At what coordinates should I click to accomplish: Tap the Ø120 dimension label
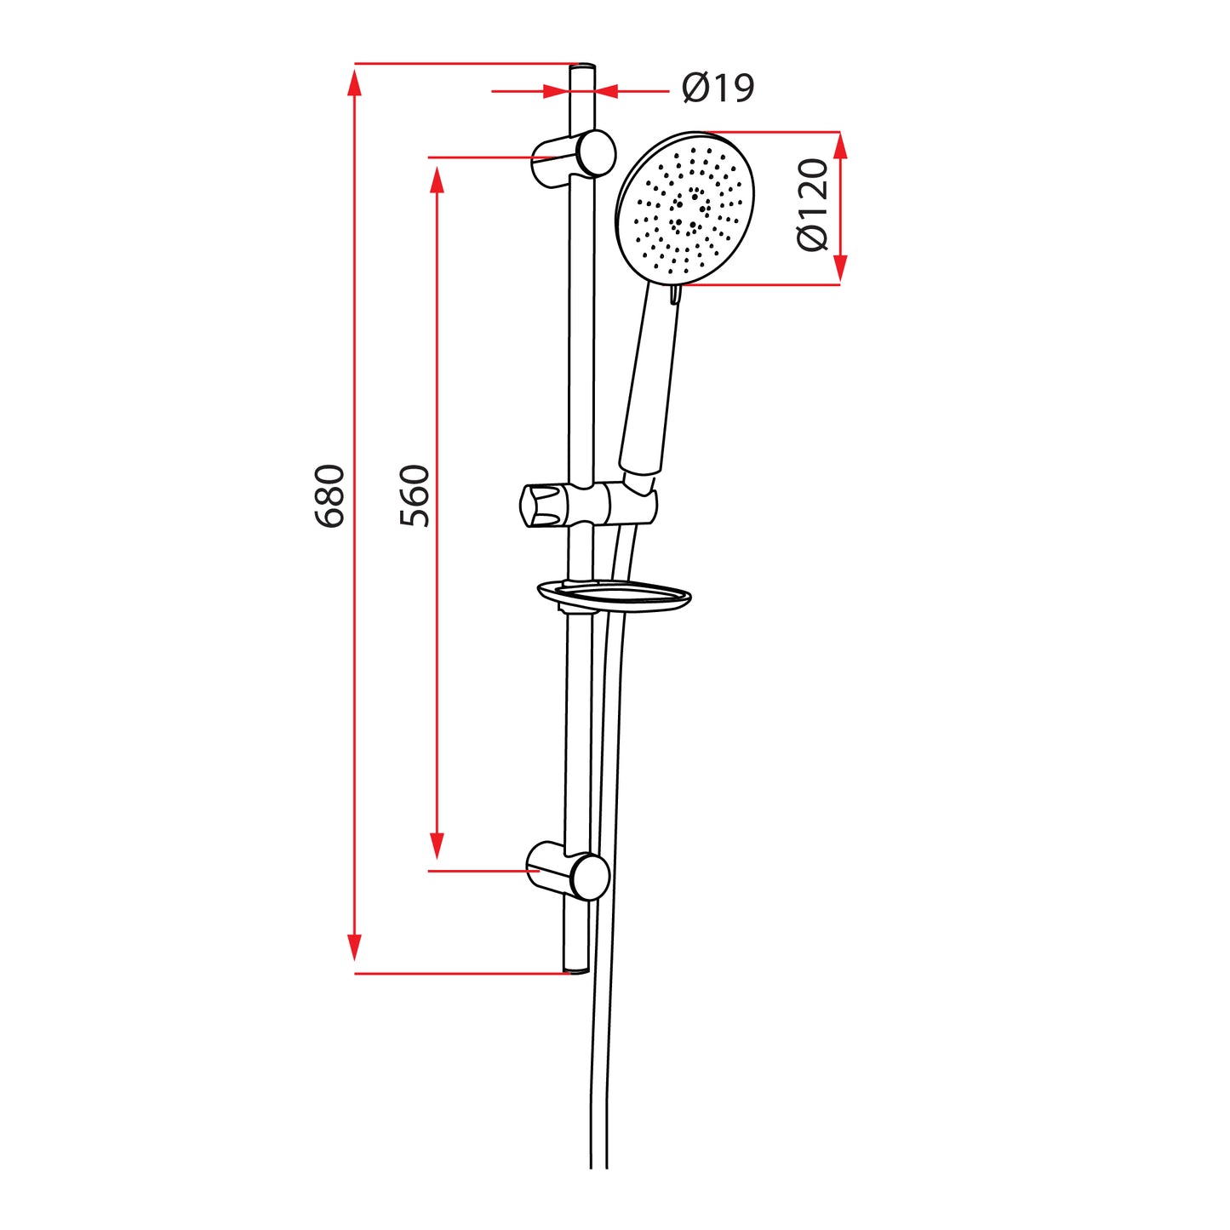point(813,205)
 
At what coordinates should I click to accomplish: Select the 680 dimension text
point(330,496)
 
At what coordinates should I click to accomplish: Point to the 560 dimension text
point(415,496)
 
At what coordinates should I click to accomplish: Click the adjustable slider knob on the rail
point(541,506)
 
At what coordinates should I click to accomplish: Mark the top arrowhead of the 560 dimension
point(437,180)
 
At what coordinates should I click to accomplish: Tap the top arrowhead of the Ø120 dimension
point(840,146)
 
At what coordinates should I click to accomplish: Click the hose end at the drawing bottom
point(599,1162)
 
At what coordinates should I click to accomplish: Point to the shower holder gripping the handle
point(634,504)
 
